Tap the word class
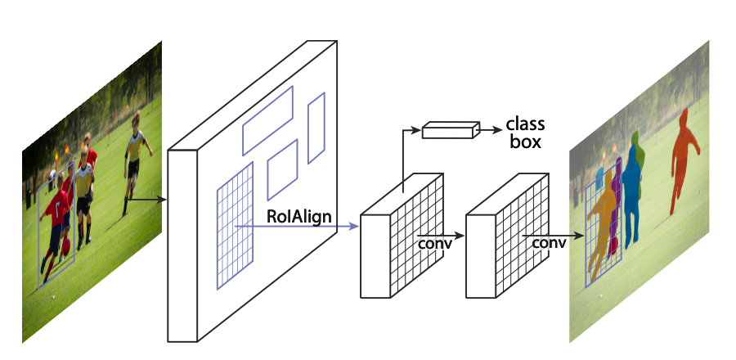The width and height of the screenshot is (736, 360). coord(525,125)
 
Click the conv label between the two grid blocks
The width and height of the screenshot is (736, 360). coord(433,243)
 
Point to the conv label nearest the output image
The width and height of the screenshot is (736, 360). coord(549,243)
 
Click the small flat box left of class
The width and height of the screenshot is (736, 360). coord(451,129)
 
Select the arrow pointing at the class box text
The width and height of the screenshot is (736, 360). coord(489,129)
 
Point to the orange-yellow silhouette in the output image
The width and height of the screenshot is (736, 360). coord(605,221)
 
